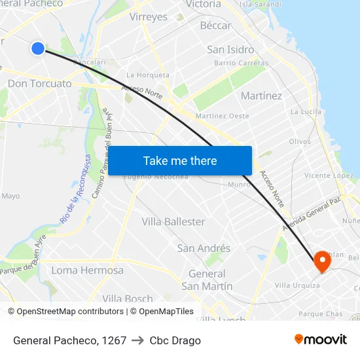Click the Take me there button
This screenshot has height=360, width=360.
coord(180,160)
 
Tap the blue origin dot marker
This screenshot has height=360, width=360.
coord(38,48)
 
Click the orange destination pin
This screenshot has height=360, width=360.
coord(323,261)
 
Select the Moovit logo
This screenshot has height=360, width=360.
coord(320,339)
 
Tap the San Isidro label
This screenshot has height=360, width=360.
coord(230,49)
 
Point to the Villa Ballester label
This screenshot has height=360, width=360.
coord(173,222)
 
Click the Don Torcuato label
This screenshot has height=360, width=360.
coord(39,84)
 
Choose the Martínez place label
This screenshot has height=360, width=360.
coord(261,96)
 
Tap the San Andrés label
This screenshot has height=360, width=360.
coord(204,248)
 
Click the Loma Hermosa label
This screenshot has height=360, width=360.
coord(87,270)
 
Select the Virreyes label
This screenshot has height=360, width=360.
coord(149,17)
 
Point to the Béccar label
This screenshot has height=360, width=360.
coord(215,26)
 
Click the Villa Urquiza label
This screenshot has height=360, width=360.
coord(297,285)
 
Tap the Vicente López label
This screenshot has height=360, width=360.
coord(329,175)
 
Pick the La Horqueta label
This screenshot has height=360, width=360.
coord(147,75)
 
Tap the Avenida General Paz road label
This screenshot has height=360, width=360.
coord(311,212)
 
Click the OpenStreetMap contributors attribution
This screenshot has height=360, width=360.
coord(66,312)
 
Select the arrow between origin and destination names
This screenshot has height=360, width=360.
coord(137,340)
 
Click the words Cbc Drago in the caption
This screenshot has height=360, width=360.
coord(175,340)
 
